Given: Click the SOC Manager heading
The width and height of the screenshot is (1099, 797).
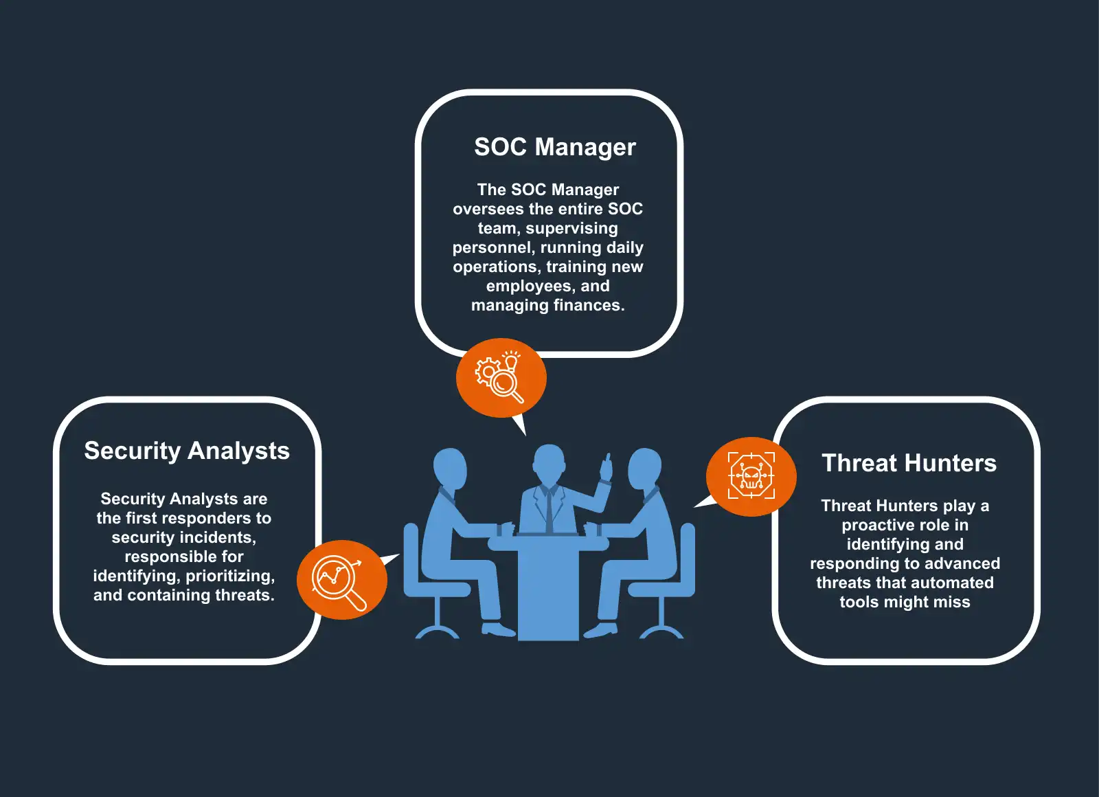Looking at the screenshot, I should pos(555,147).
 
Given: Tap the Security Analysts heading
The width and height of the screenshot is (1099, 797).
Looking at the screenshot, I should pos(187,451).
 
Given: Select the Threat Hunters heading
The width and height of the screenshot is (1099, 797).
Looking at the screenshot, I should pos(909,463).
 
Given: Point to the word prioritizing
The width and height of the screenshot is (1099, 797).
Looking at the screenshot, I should pos(230,576).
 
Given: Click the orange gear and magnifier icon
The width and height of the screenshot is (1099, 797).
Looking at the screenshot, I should pos(501,377).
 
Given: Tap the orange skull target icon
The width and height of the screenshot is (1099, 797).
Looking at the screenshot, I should pos(751,476).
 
